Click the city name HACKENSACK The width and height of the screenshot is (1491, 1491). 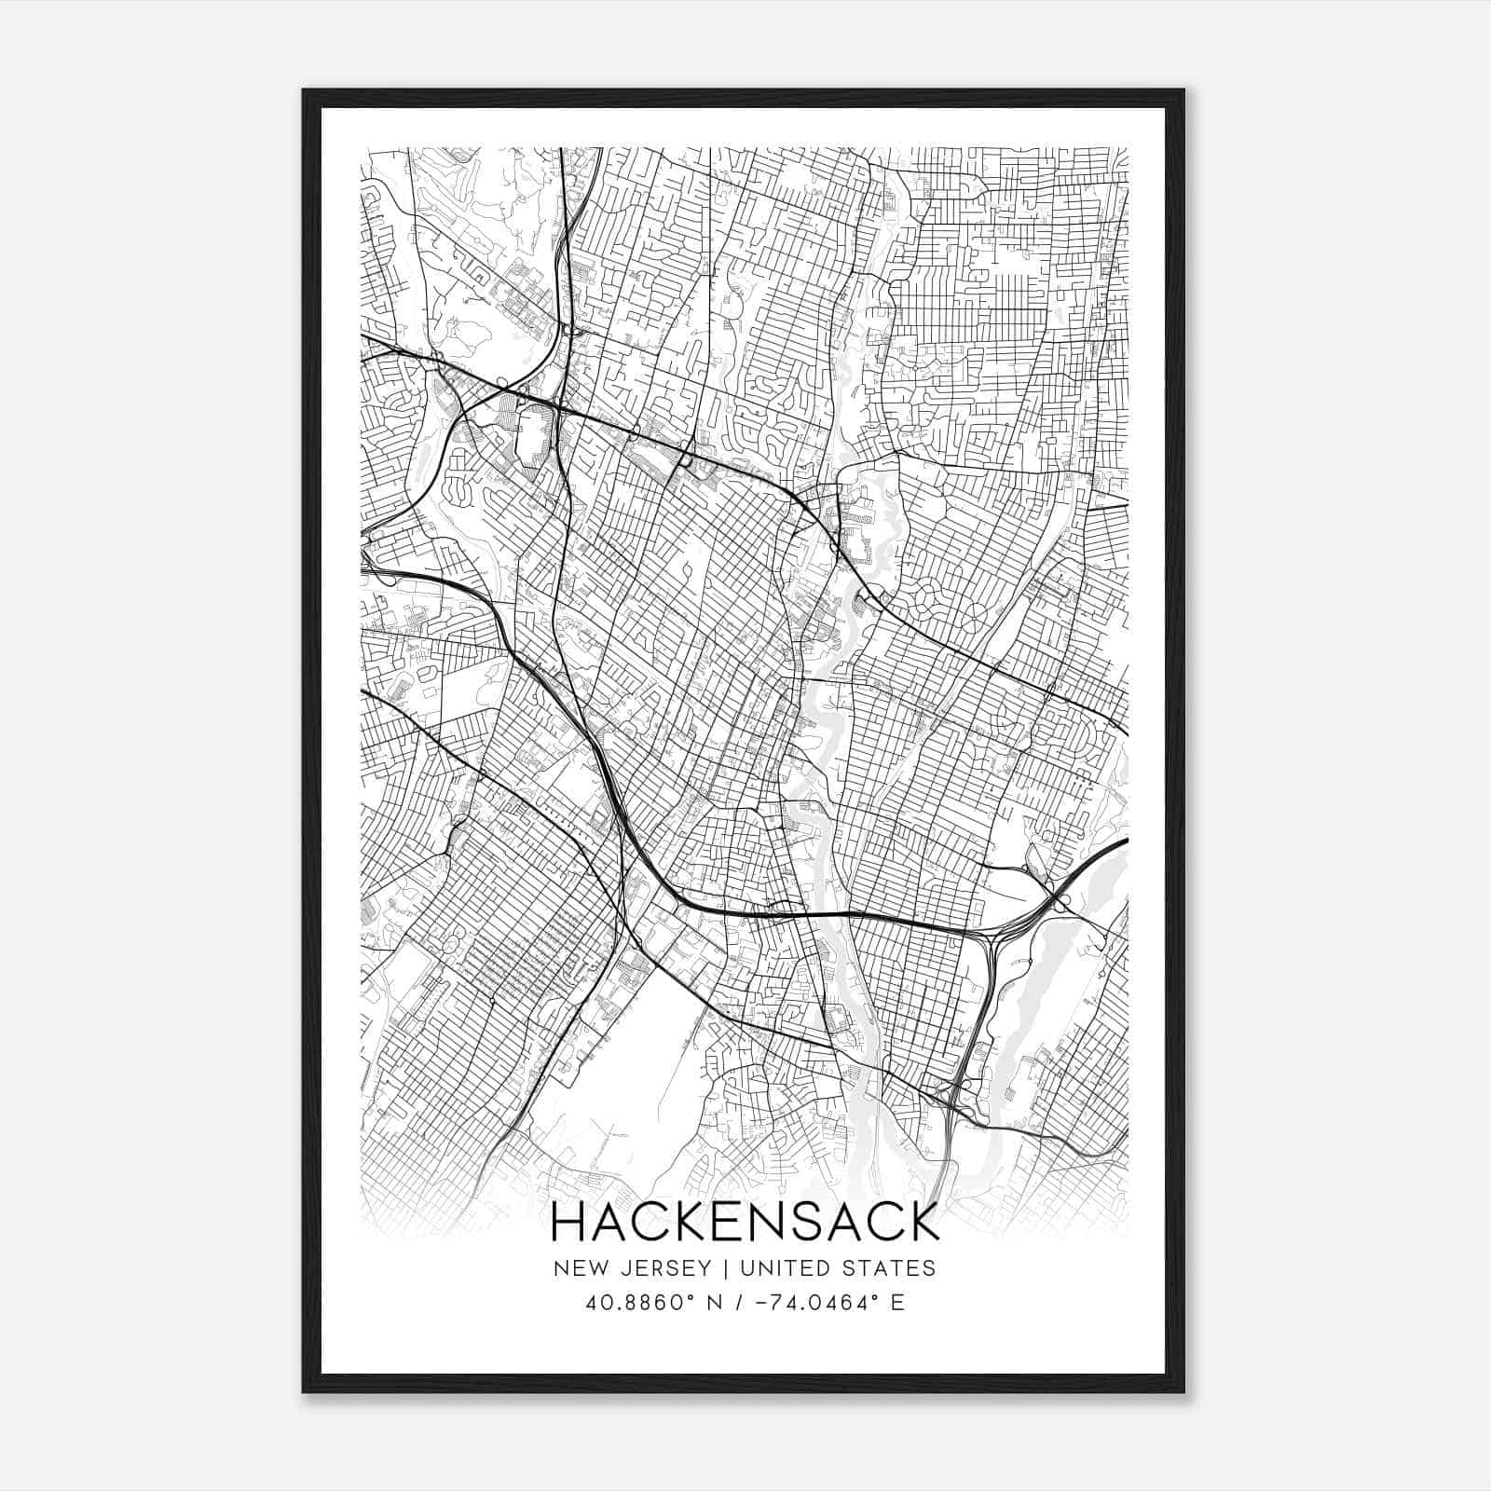[x=745, y=1223]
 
